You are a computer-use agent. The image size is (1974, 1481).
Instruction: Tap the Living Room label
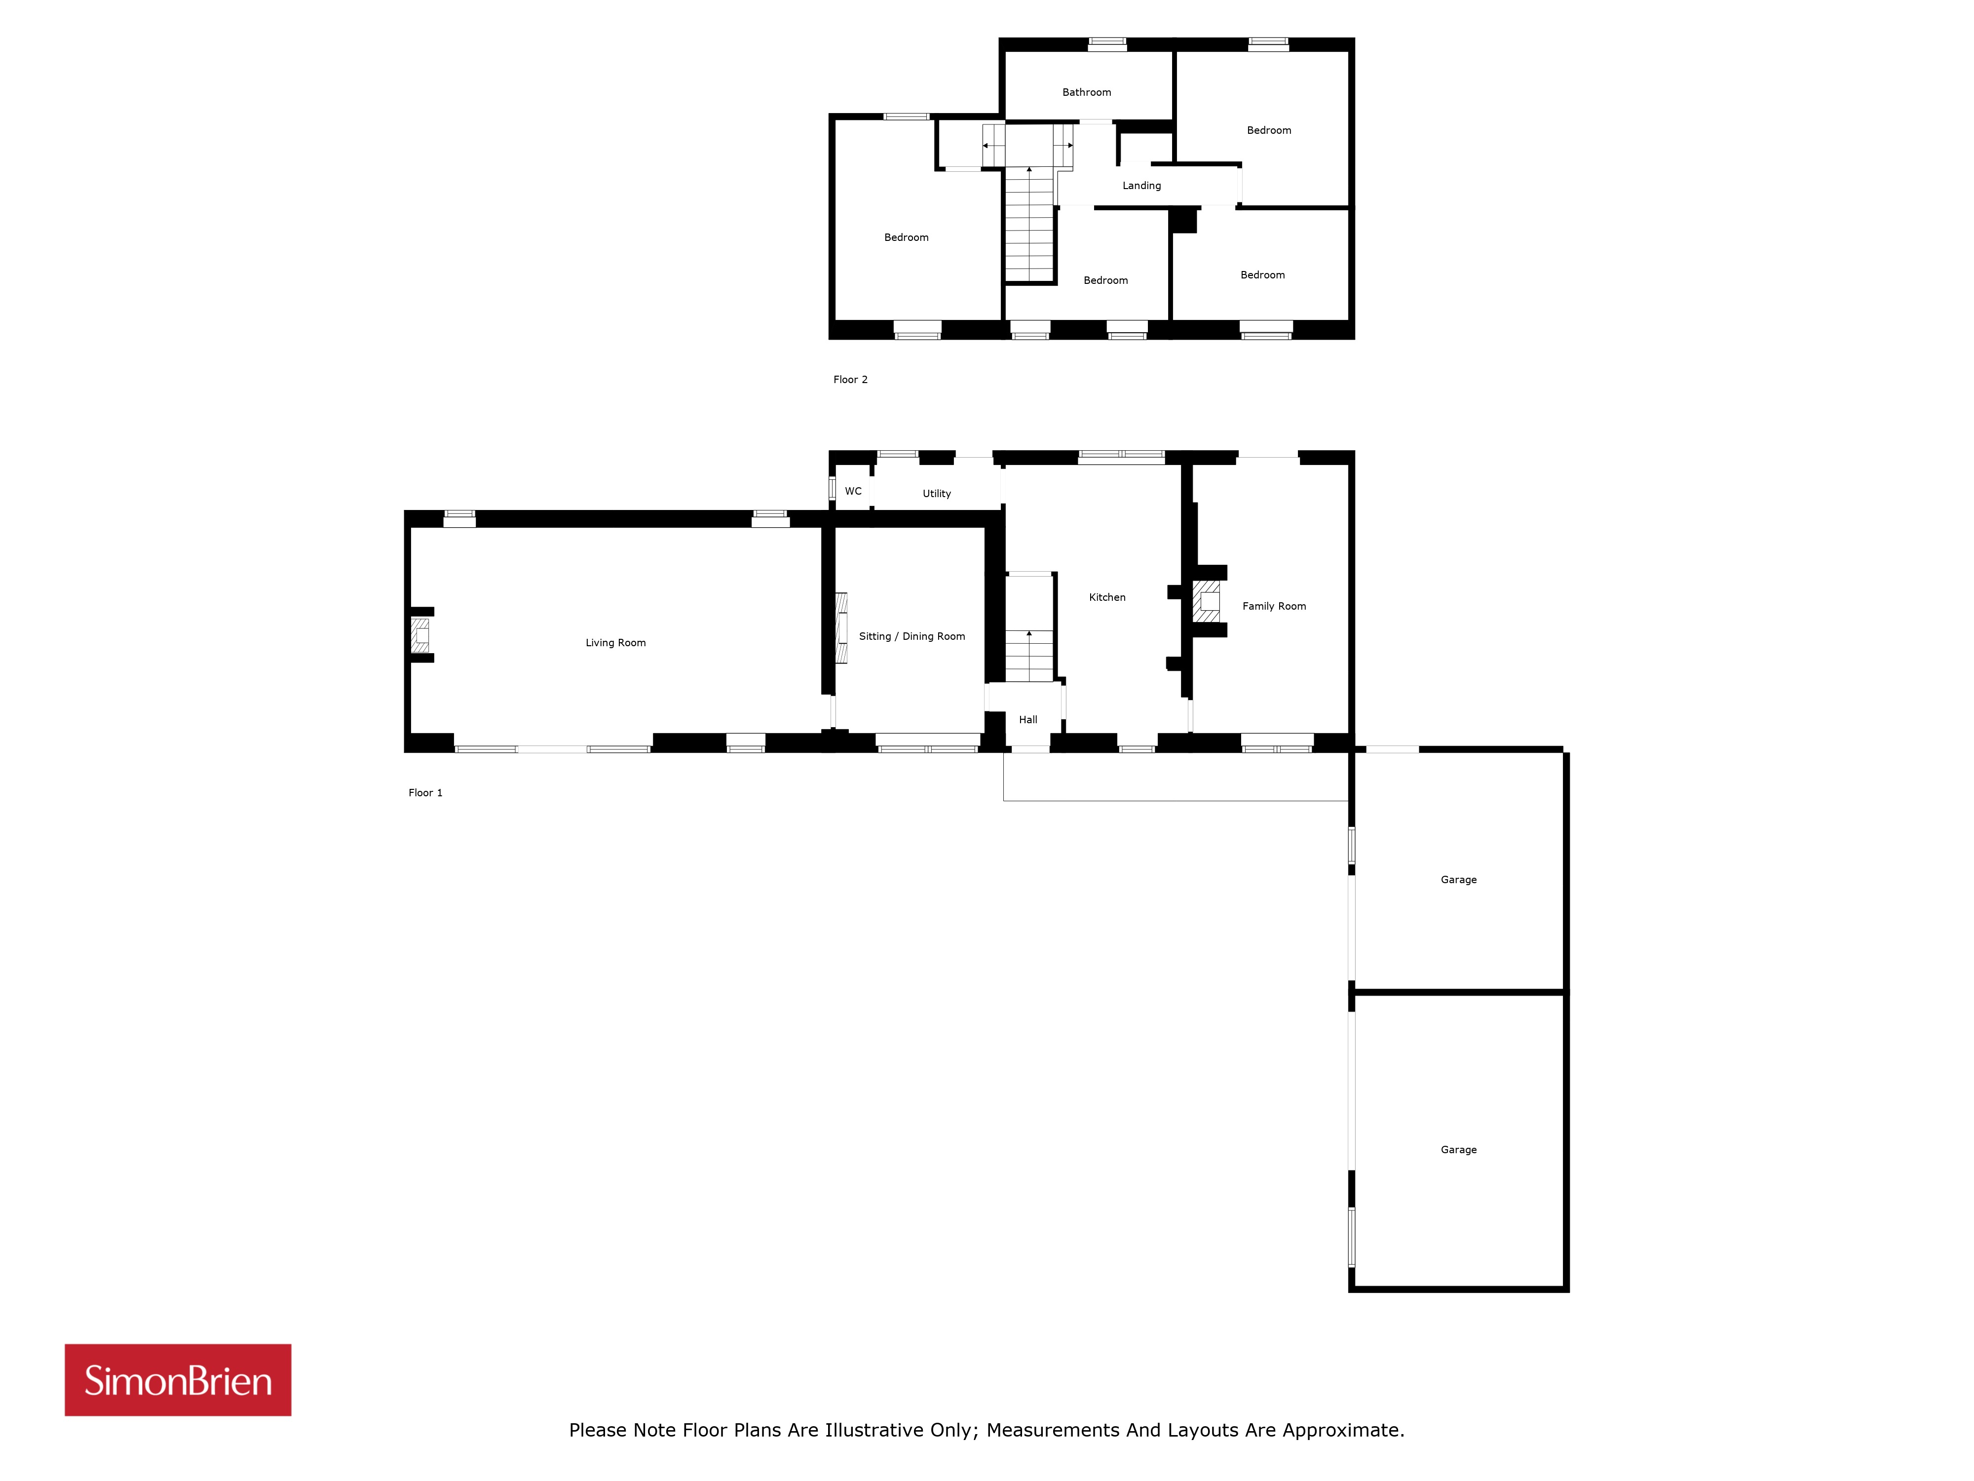click(x=616, y=643)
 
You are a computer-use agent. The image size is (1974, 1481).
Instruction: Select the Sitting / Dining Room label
click(x=912, y=636)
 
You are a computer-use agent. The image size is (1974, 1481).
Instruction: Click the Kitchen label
click(x=1107, y=597)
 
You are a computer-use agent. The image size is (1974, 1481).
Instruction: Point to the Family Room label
click(x=1274, y=606)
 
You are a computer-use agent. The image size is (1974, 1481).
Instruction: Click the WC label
click(x=853, y=491)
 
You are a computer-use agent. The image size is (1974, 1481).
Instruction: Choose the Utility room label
click(x=937, y=494)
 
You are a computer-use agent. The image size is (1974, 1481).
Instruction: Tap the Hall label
click(x=1028, y=720)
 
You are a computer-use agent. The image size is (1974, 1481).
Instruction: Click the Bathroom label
click(x=1087, y=92)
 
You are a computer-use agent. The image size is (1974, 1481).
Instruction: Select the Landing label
click(x=1142, y=186)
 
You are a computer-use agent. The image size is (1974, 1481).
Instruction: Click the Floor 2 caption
click(x=850, y=380)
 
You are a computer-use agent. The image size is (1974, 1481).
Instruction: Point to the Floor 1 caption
click(x=426, y=793)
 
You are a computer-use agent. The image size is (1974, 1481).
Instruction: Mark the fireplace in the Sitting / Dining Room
click(x=840, y=628)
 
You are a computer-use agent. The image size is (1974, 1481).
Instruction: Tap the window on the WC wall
click(x=832, y=489)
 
